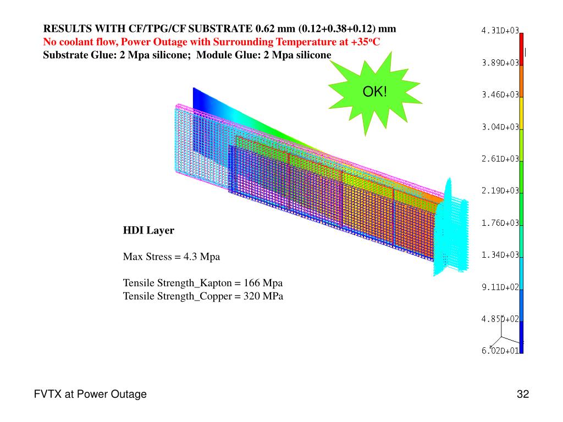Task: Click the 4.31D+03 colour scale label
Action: click(500, 31)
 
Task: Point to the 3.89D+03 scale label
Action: click(500, 63)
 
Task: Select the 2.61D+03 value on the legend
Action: click(500, 159)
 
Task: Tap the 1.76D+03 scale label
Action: click(500, 223)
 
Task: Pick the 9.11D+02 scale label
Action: click(500, 287)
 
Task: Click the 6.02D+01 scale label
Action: click(500, 351)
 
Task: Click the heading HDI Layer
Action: click(148, 231)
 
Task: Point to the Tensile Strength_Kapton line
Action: click(203, 284)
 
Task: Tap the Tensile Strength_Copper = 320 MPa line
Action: click(203, 297)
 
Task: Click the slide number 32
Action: click(522, 394)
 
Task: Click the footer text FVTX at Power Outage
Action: click(90, 394)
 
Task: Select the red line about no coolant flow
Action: click(212, 42)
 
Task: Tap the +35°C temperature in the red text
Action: click(365, 42)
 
